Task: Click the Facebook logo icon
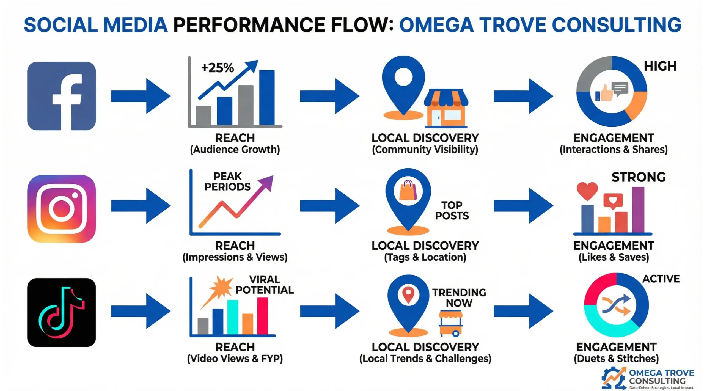click(61, 96)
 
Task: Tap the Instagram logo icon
click(61, 209)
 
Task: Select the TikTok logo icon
click(61, 312)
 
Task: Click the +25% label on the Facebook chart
click(217, 68)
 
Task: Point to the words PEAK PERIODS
click(227, 181)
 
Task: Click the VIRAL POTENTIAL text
click(265, 285)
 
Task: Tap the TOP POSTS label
click(452, 210)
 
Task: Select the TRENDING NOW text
click(459, 298)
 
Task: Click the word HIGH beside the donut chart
click(660, 66)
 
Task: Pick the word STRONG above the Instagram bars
click(639, 177)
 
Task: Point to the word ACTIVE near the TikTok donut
click(661, 279)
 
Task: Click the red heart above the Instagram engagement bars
click(587, 191)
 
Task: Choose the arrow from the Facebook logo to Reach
click(141, 96)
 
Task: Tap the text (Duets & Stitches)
click(616, 359)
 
